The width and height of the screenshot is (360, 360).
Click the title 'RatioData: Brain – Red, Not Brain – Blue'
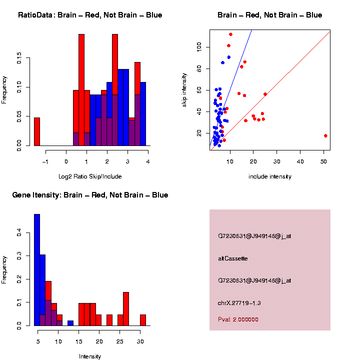[x=90, y=15]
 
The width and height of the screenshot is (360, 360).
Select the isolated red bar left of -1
[x=37, y=132]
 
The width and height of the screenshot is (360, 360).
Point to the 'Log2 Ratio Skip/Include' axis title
[x=90, y=176]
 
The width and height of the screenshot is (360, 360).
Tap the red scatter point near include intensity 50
[x=325, y=135]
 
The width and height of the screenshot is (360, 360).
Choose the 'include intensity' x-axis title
[x=269, y=176]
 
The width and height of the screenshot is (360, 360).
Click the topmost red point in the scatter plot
[x=230, y=34]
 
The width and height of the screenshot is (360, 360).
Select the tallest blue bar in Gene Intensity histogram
[x=37, y=270]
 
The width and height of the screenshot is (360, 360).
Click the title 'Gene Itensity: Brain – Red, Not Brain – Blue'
[x=90, y=195]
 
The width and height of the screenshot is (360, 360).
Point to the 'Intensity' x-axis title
[x=90, y=356]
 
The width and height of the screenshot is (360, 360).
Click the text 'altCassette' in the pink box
[x=232, y=258]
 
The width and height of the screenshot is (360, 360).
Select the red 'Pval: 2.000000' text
[x=238, y=319]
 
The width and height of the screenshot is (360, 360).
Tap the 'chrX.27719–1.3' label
[x=239, y=303]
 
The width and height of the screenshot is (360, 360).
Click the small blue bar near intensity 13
[x=70, y=323]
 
